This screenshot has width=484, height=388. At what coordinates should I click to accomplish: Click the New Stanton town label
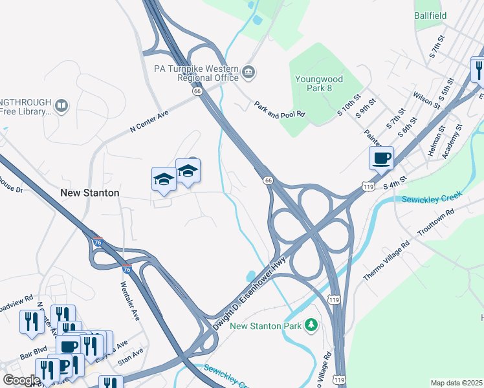[89, 193]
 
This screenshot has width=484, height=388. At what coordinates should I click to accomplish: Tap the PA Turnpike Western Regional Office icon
[249, 70]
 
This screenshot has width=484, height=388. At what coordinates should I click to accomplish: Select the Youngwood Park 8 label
[320, 83]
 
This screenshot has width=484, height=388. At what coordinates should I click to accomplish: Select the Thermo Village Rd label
[386, 261]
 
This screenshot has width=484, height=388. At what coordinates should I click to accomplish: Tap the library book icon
[61, 105]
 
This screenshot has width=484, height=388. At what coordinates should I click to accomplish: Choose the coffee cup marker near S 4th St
[381, 157]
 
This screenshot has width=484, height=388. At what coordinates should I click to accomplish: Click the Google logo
[21, 381]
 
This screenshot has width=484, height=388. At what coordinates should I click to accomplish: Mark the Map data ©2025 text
[456, 383]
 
